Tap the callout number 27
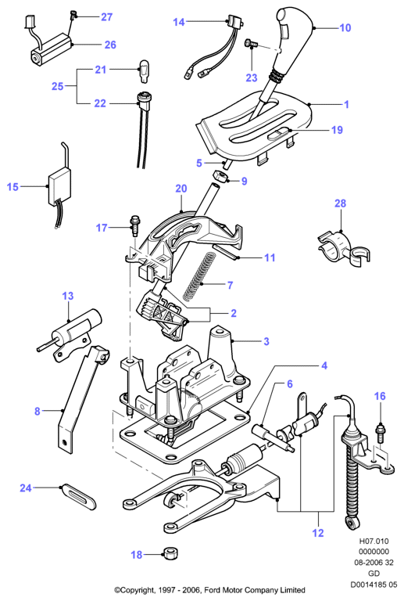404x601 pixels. (x=107, y=17)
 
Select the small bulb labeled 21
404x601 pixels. (x=143, y=70)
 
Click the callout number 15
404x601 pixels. (x=13, y=187)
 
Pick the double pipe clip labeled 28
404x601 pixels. (x=344, y=249)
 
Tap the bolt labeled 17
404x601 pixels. (x=134, y=227)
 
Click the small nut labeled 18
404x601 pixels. (x=170, y=553)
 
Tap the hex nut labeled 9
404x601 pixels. (x=220, y=177)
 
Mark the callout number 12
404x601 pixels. (x=318, y=533)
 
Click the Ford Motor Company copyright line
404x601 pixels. (x=210, y=590)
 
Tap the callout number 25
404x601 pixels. (x=57, y=86)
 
